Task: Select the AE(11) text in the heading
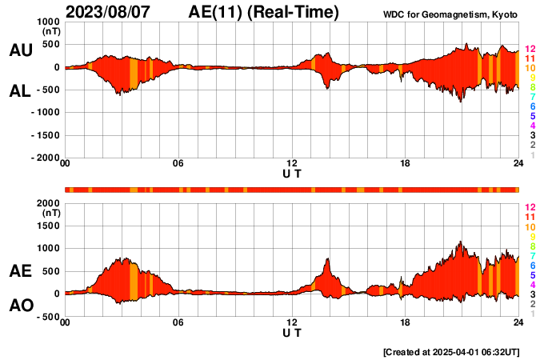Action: point(219,12)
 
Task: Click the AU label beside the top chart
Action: point(20,50)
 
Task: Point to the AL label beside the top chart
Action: point(20,91)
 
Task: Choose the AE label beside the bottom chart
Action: point(20,272)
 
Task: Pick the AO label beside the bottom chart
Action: point(20,306)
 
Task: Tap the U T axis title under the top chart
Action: point(292,173)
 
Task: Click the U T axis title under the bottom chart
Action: point(292,332)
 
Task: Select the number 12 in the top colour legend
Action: point(530,50)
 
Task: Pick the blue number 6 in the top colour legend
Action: point(532,106)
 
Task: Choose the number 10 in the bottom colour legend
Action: point(530,227)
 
